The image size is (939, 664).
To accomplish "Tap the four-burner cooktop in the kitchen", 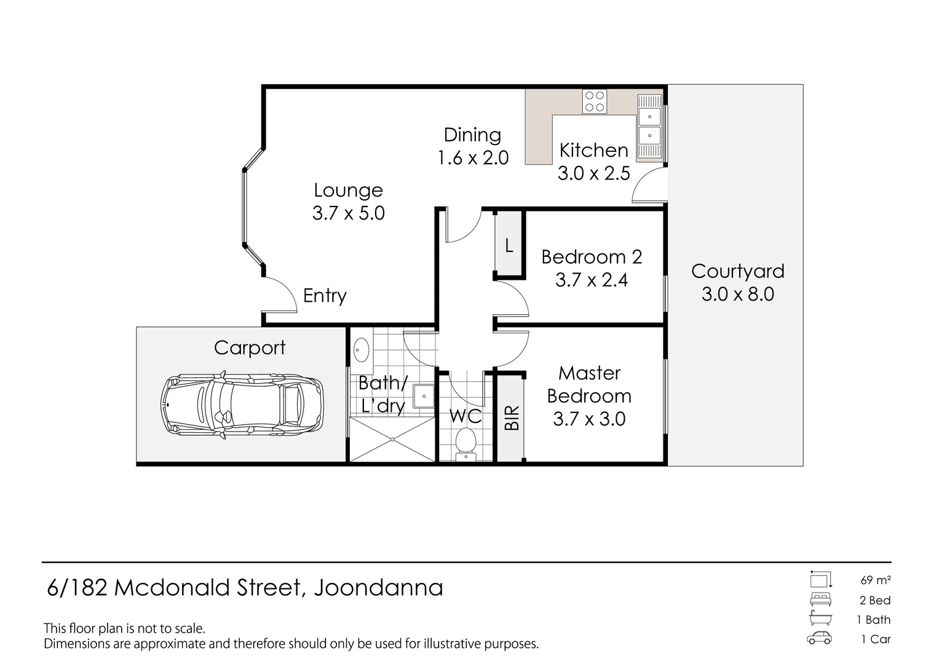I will [595, 101].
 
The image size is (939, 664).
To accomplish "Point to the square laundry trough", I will [423, 396].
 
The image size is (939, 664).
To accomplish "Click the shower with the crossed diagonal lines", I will [392, 440].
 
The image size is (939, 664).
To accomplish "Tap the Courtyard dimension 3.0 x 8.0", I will [737, 294].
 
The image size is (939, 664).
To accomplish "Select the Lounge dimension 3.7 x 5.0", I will [348, 213].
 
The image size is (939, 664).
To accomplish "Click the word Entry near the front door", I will [325, 296].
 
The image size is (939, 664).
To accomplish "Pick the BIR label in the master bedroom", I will [512, 418].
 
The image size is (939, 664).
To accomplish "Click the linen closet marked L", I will [509, 246].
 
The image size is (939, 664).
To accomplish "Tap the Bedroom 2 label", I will [592, 257].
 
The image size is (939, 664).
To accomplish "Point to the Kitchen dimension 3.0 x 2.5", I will [593, 173].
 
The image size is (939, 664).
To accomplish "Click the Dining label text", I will [472, 135].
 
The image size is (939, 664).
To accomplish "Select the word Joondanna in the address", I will [378, 588].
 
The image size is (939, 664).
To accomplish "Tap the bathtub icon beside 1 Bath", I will [820, 619].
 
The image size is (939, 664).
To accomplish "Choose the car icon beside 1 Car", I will [819, 638].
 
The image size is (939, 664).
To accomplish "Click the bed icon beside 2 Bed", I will [820, 599].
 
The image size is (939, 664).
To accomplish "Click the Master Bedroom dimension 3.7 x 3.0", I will [589, 419].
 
